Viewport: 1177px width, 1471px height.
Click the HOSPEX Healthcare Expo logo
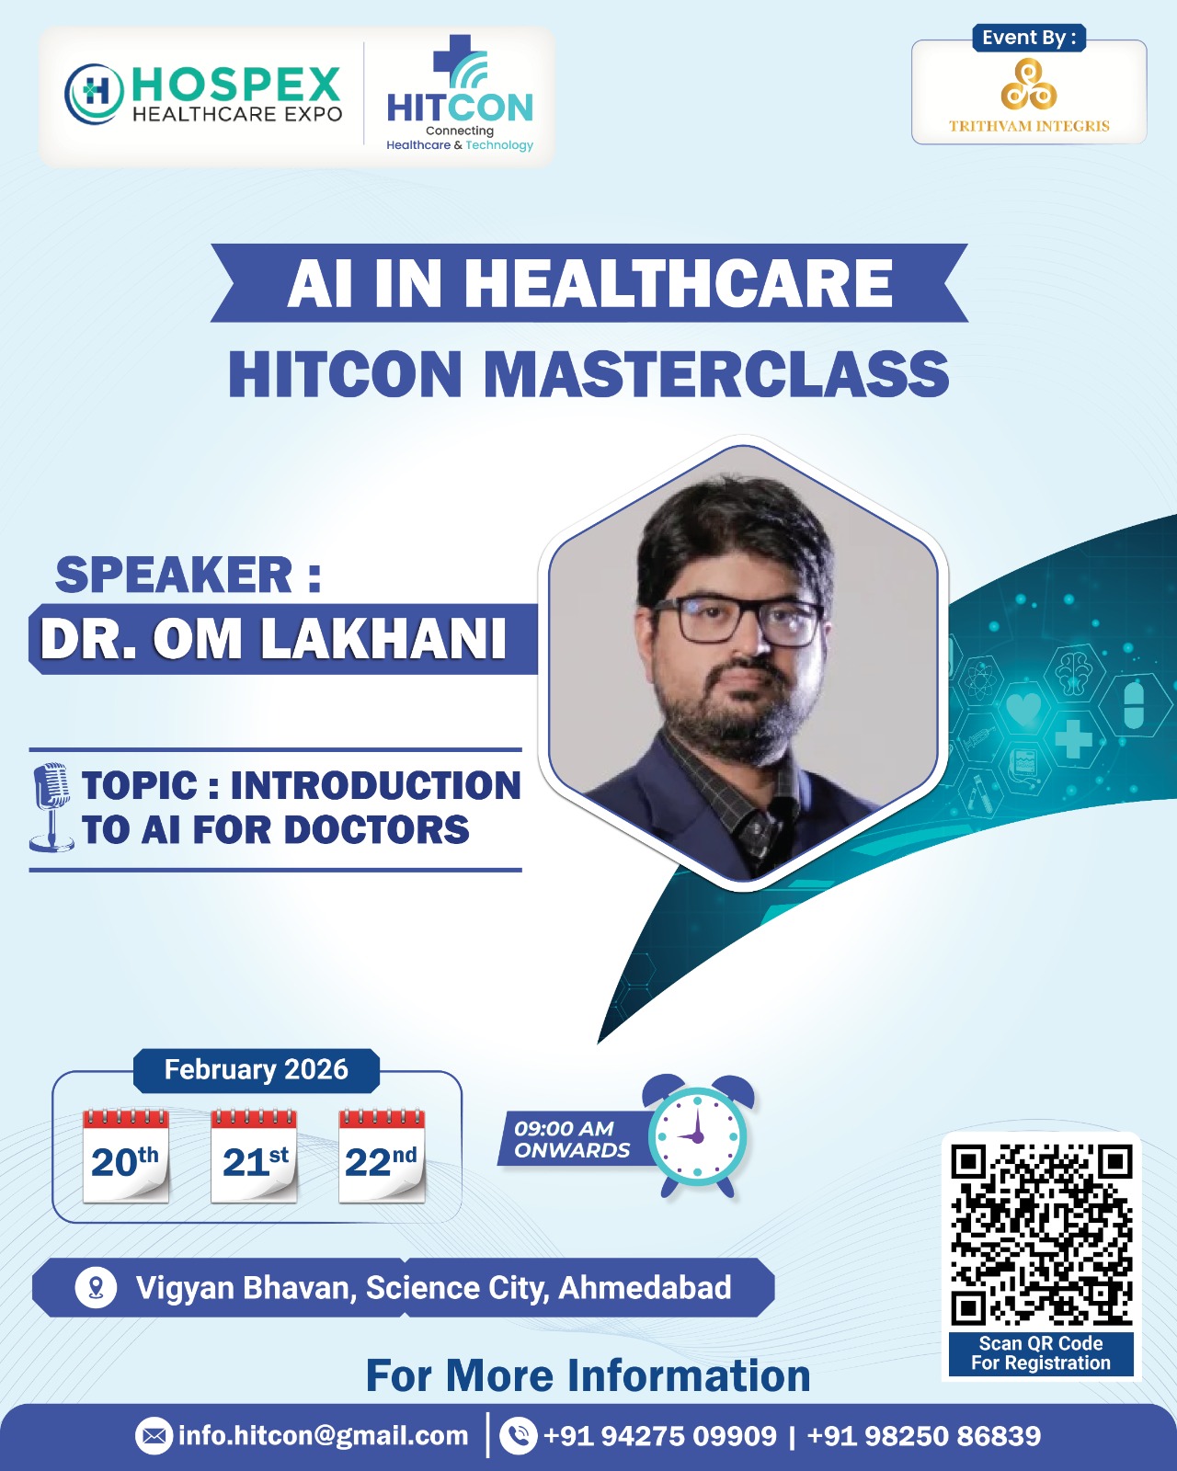click(x=203, y=95)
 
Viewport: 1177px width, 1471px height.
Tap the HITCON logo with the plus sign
click(x=460, y=93)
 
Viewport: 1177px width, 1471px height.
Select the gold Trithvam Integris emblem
click(x=1029, y=84)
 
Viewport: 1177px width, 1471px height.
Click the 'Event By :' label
click(x=1029, y=38)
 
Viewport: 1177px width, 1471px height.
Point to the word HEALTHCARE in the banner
click(x=679, y=283)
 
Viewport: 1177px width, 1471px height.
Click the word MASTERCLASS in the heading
click(x=716, y=374)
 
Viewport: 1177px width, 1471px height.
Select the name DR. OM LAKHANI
click(x=273, y=639)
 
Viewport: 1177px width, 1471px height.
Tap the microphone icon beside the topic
click(x=51, y=807)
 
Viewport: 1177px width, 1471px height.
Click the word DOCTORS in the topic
click(x=376, y=830)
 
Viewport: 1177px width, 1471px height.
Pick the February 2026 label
click(x=256, y=1070)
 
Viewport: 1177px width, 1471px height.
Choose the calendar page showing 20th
click(x=125, y=1157)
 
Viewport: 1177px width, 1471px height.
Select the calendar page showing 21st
click(x=254, y=1157)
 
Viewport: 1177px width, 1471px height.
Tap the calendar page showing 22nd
click(x=382, y=1157)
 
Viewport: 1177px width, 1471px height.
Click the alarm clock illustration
click(x=698, y=1135)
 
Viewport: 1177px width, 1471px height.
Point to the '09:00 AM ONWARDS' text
click(x=572, y=1139)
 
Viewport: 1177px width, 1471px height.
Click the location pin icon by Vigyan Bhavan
click(x=96, y=1288)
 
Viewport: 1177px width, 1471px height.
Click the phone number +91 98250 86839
click(x=924, y=1436)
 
